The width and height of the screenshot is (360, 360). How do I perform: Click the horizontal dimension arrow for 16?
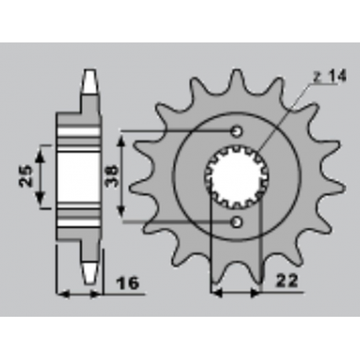(x=81, y=294)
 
